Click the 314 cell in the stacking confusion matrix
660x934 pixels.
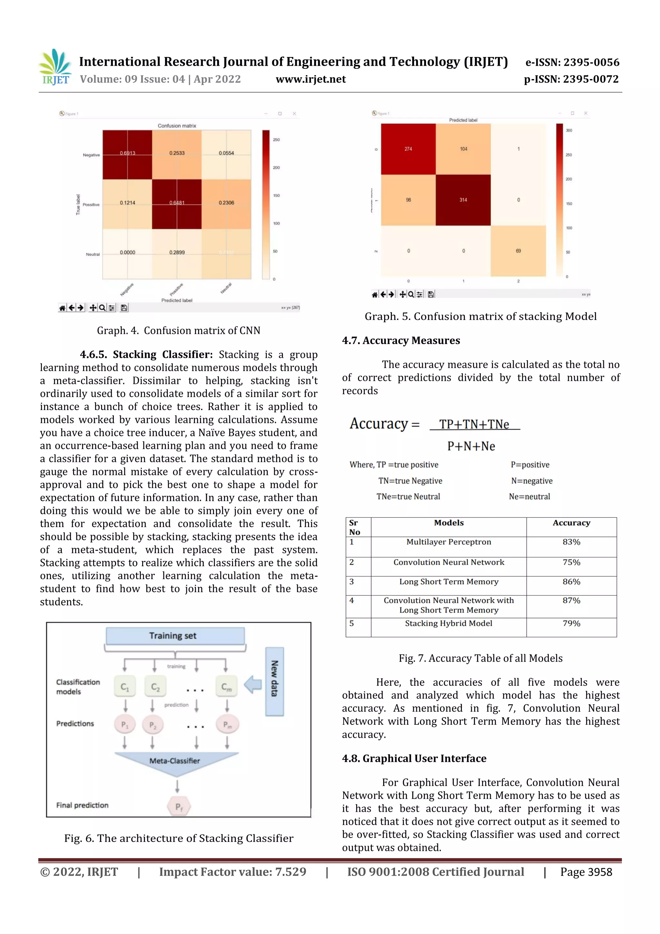pyautogui.click(x=463, y=200)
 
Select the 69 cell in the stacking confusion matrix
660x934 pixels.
pyautogui.click(x=518, y=251)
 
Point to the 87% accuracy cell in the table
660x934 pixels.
pyautogui.click(x=571, y=600)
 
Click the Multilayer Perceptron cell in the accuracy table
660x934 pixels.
pyautogui.click(x=449, y=542)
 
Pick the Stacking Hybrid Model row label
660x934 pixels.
pyautogui.click(x=449, y=623)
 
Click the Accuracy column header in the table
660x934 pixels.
pyautogui.click(x=571, y=523)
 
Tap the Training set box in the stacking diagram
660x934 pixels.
pyautogui.click(x=175, y=636)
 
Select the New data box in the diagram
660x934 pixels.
pyautogui.click(x=275, y=681)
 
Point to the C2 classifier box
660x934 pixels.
pyautogui.click(x=155, y=687)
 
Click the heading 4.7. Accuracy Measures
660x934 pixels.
pyautogui.click(x=401, y=340)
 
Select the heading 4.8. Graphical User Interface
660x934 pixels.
pyautogui.click(x=414, y=758)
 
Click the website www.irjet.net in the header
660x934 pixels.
pyautogui.click(x=311, y=79)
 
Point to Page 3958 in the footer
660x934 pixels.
pyautogui.click(x=586, y=872)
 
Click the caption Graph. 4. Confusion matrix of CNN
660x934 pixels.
pyautogui.click(x=179, y=330)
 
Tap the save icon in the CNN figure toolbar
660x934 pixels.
pyautogui.click(x=124, y=308)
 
